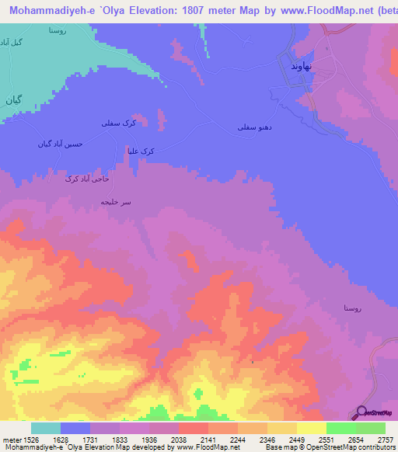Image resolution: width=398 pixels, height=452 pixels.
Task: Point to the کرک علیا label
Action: pos(140,151)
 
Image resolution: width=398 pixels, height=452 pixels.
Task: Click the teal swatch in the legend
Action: pos(46,427)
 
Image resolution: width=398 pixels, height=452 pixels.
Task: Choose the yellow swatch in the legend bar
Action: pos(312,427)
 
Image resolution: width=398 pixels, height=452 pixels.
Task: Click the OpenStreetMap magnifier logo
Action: pos(362,412)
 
